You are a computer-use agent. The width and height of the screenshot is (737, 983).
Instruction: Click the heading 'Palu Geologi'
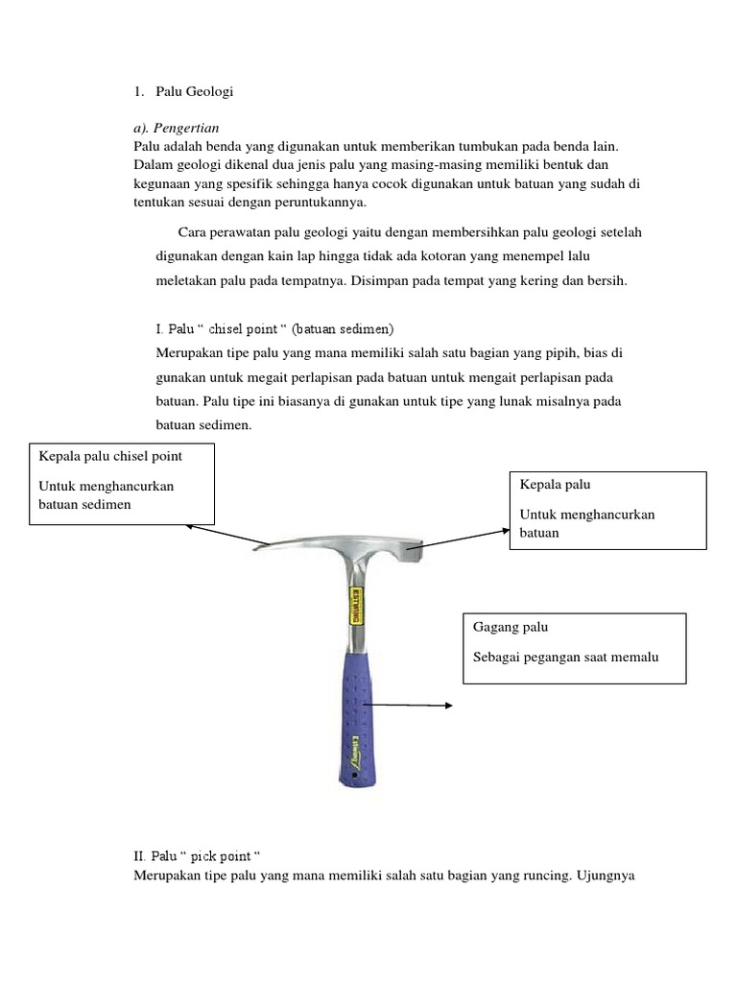(195, 92)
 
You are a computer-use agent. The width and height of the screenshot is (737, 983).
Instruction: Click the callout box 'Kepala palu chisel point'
(122, 485)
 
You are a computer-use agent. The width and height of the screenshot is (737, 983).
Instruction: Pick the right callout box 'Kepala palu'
(607, 510)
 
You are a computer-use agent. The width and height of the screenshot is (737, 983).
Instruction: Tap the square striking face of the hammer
(416, 555)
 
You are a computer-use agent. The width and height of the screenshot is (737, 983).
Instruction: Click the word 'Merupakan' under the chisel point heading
(184, 352)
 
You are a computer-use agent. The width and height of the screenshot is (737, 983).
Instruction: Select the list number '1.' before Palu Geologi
(138, 92)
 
